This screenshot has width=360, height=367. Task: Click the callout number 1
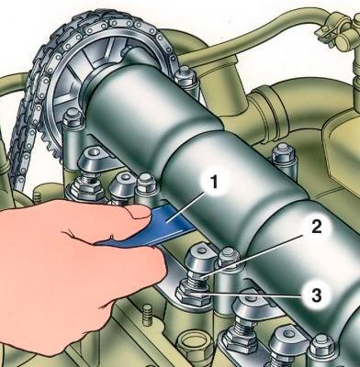coord(215,183)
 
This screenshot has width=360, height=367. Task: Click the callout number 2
coord(316,228)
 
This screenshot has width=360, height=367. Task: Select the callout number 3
coord(316,295)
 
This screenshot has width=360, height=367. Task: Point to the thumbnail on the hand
coord(137,211)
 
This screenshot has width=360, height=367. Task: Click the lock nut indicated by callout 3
coord(193,294)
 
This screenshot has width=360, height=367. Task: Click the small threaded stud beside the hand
coord(148,316)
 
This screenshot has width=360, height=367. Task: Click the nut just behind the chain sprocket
coord(186,75)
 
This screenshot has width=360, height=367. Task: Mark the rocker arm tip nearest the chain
coord(93,157)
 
